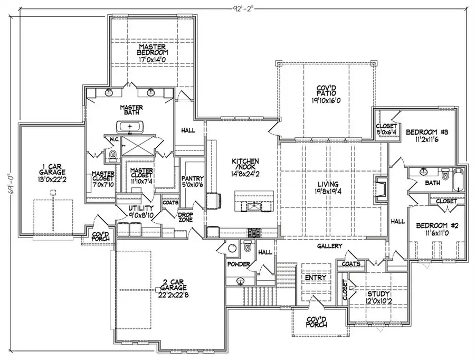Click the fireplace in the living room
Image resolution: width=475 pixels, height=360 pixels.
381,187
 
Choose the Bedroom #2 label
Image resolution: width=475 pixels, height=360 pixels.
435,225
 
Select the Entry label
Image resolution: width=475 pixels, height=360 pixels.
316,278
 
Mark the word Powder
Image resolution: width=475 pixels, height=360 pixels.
238,263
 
